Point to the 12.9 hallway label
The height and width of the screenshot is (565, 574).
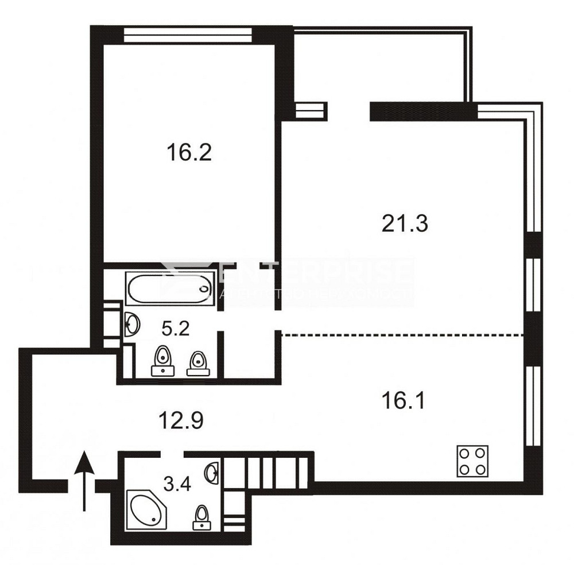coord(181,423)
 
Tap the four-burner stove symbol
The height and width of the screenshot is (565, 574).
coord(472,461)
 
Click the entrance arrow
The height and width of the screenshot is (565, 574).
coord(84,479)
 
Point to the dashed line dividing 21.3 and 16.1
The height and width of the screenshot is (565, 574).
coord(402,334)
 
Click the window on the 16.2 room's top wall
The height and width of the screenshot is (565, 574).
coord(188,34)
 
